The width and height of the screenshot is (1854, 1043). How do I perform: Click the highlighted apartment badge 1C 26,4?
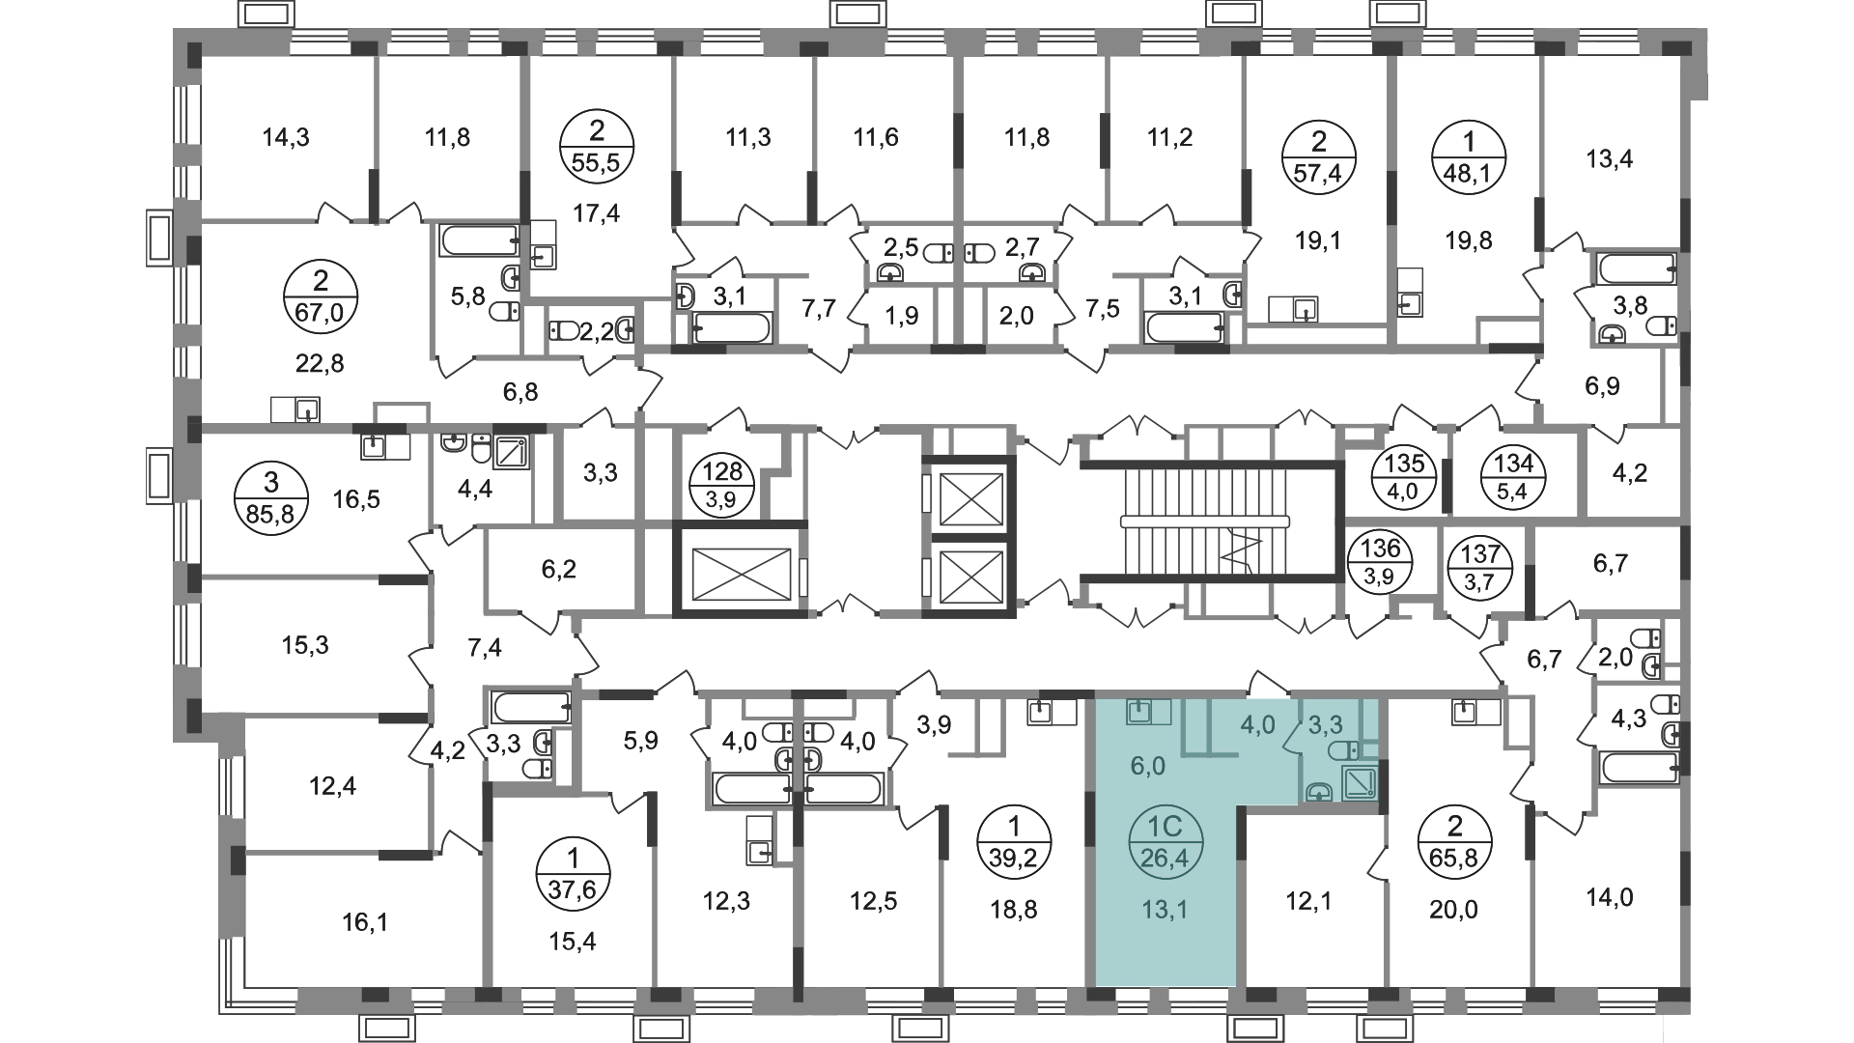(1166, 841)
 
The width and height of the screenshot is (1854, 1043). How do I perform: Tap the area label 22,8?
(322, 364)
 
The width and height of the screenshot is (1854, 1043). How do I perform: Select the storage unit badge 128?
(722, 485)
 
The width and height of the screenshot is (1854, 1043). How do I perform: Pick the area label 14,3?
(286, 137)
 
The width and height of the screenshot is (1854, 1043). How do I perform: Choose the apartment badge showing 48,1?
(1469, 157)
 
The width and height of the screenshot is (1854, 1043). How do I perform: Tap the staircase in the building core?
(1206, 521)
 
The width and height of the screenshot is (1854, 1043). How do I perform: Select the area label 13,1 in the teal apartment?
(1166, 909)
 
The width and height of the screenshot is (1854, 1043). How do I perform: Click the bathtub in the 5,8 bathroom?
(479, 240)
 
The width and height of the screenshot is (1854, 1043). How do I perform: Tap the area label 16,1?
(364, 923)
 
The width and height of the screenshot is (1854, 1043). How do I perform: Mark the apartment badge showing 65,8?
(1455, 841)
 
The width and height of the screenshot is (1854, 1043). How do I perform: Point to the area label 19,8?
(1469, 240)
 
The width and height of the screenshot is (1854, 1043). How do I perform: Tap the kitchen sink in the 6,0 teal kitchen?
(1140, 712)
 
